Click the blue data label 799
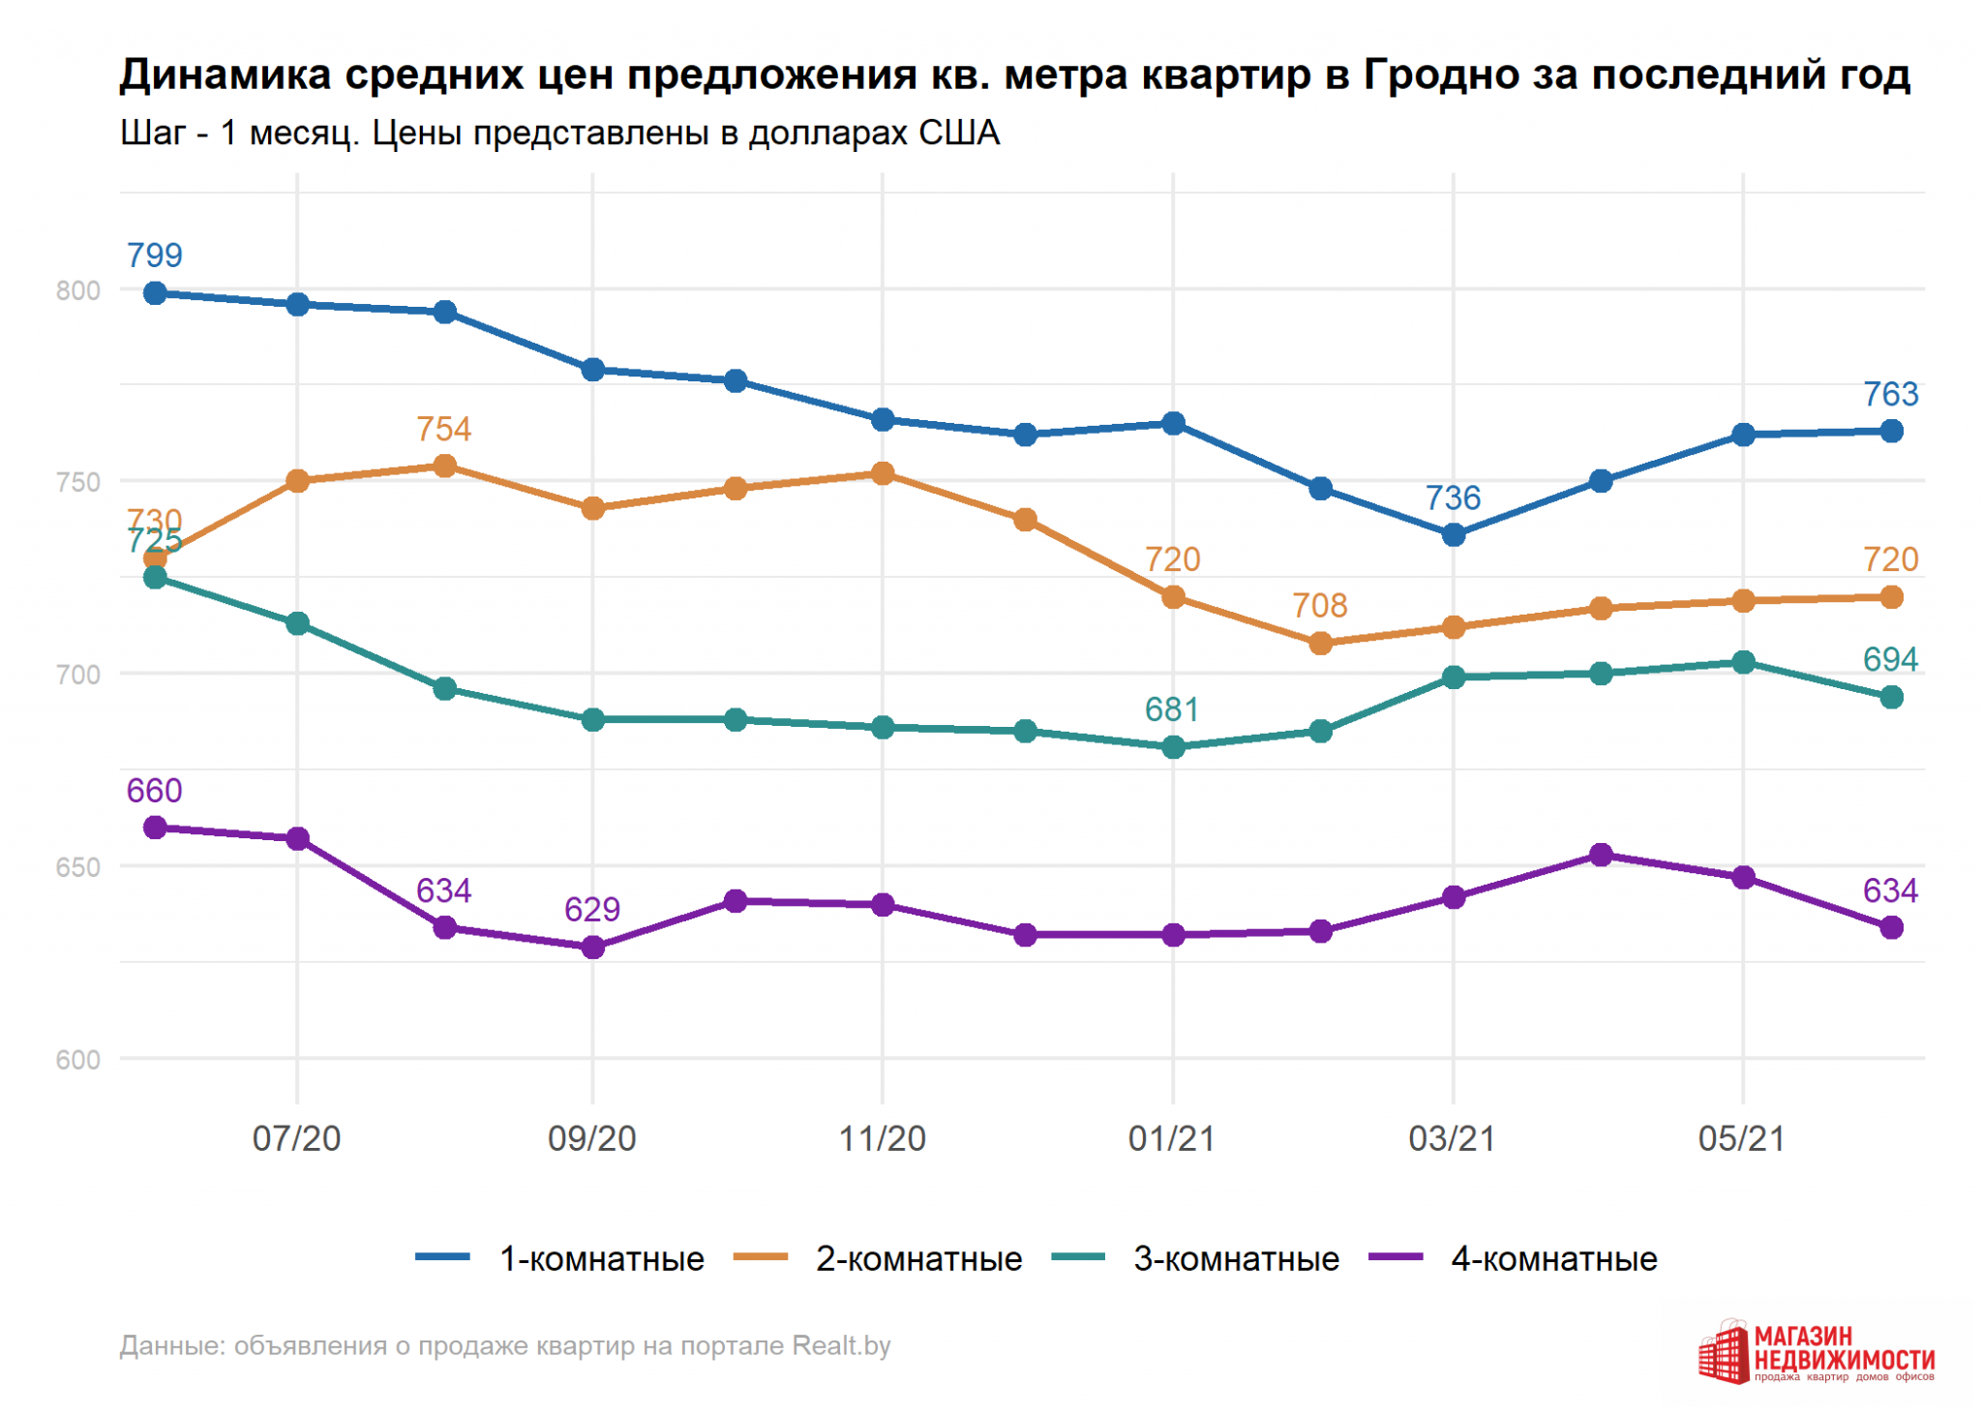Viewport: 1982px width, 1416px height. point(155,256)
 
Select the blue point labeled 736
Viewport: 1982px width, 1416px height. point(1453,534)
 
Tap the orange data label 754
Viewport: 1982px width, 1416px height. point(443,429)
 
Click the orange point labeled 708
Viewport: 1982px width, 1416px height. point(1320,643)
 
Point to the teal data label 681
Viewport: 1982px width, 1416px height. point(1172,709)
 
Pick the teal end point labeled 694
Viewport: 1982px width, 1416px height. point(1890,697)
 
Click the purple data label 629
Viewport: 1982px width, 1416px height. point(592,910)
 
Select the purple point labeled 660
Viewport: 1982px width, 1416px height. point(155,828)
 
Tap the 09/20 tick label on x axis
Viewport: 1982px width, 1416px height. point(592,1138)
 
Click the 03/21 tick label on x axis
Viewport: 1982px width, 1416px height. point(1452,1138)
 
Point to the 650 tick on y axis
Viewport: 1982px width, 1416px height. point(78,867)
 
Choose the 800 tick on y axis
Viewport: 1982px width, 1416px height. point(78,290)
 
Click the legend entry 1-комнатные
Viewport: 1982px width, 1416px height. point(601,1258)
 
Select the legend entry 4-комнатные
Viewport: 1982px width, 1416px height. point(1553,1258)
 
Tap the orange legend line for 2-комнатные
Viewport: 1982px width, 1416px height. point(761,1257)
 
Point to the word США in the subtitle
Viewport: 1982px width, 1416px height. point(958,133)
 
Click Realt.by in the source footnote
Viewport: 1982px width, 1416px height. point(841,1345)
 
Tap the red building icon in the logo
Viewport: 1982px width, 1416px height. point(1724,1353)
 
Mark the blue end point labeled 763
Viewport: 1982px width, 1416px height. point(1890,431)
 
